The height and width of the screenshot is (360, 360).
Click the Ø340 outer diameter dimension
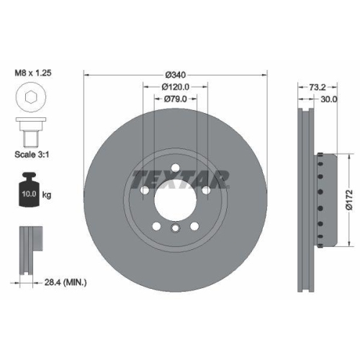click(x=176, y=73)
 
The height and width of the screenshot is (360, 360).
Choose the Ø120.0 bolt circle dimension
click(x=176, y=87)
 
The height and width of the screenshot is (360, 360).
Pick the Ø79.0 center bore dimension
click(x=176, y=99)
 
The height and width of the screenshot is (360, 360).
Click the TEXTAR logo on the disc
click(x=181, y=178)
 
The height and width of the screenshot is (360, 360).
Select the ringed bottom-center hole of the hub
click(x=176, y=229)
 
